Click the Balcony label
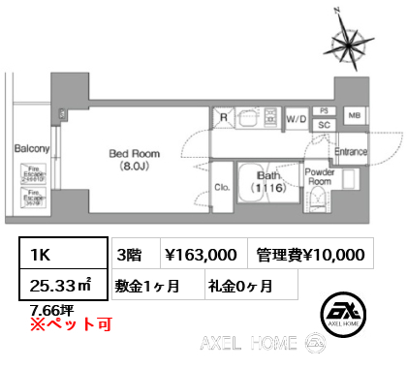click(32, 148)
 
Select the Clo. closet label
click(221, 188)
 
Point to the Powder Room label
click(319, 176)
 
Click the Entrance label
click(350, 152)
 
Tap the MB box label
click(354, 114)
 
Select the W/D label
click(296, 119)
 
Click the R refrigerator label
click(223, 120)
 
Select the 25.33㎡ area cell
click(60, 286)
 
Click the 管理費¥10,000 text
click(310, 255)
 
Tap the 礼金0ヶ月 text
click(239, 286)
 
